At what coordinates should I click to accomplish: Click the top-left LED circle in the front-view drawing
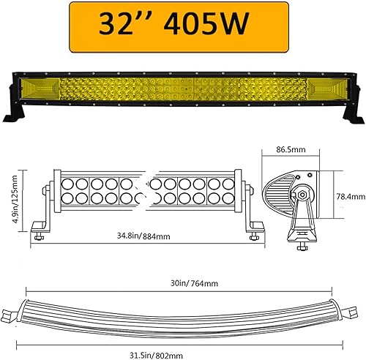pyautogui.click(x=62, y=182)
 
